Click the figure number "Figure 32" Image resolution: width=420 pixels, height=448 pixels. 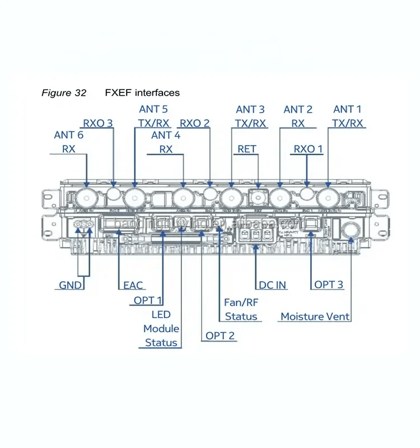point(64,93)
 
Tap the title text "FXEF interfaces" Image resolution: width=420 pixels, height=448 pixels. point(142,93)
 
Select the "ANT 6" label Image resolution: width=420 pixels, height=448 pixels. point(69,135)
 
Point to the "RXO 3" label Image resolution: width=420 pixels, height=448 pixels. point(98,123)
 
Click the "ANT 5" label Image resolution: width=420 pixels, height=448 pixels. point(153,109)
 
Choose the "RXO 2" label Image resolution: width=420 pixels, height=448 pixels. point(194,123)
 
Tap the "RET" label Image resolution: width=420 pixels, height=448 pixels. point(247,149)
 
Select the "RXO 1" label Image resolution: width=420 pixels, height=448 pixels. point(309,149)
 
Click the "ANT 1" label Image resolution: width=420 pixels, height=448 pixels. point(347,109)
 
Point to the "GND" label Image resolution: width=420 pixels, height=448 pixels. point(71,285)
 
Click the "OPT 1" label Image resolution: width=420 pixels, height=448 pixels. point(148,301)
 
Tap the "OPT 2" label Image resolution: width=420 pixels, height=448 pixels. point(220,336)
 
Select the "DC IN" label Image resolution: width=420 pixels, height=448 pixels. point(273,285)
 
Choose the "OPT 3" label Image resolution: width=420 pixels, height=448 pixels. point(328,285)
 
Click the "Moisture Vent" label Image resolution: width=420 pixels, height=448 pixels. point(315,316)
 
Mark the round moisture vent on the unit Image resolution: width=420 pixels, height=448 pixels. point(351,230)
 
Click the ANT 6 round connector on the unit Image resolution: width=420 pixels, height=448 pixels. point(86,197)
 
